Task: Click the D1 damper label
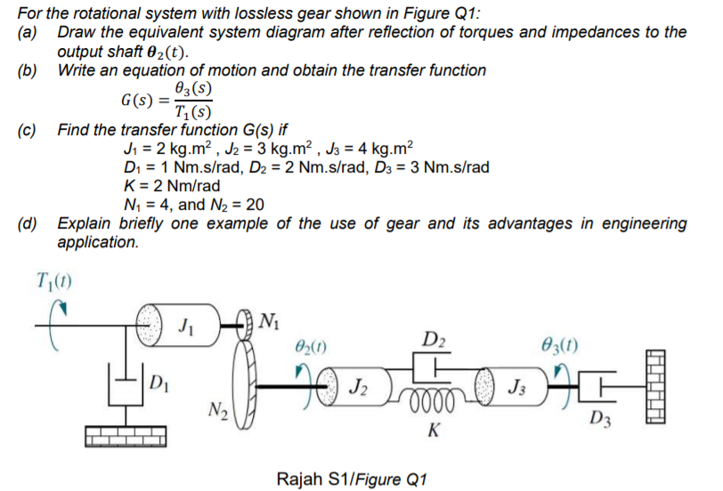point(158,384)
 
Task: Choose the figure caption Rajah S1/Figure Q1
point(353,479)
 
